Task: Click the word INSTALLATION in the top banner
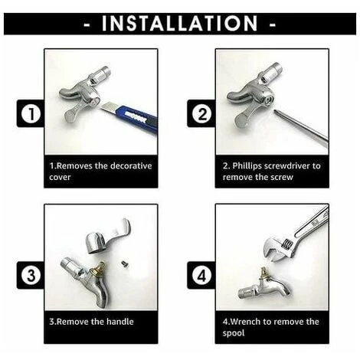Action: [x=180, y=24]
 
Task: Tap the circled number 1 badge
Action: [x=31, y=113]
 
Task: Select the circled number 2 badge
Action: [x=202, y=113]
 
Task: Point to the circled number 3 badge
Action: [x=31, y=276]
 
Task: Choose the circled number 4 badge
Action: [x=202, y=276]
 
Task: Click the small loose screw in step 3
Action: [x=124, y=263]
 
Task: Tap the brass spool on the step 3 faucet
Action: [x=99, y=269]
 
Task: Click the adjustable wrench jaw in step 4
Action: [x=277, y=250]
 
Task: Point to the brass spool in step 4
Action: [x=264, y=273]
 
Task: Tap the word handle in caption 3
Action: [x=120, y=322]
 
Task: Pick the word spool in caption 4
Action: [x=234, y=333]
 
